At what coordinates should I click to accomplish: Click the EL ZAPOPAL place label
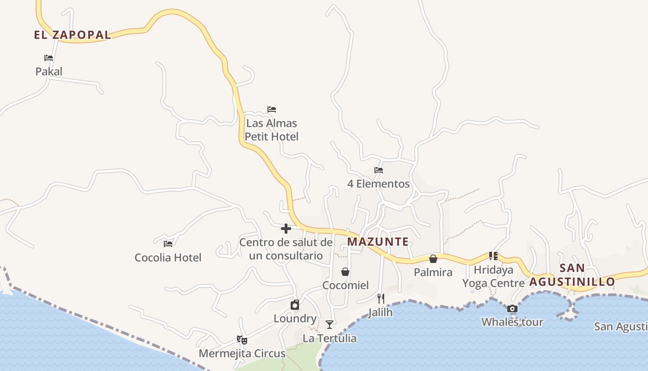pos(72,35)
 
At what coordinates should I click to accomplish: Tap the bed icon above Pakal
pos(49,58)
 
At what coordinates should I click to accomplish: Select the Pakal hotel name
pos(49,71)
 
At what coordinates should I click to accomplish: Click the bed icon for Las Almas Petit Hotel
pos(272,109)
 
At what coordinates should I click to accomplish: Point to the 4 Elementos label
pos(379,184)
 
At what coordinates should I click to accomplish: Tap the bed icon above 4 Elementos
pos(379,170)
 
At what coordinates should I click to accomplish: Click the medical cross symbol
pos(286,228)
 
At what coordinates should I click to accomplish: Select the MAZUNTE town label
pos(378,242)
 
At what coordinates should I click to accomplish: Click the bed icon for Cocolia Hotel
pos(168,243)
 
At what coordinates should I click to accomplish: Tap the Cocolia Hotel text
pos(168,257)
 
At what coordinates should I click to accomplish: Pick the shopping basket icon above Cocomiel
pos(345,272)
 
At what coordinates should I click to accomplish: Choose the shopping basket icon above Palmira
pos(433,259)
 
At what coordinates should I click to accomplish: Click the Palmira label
pos(433,272)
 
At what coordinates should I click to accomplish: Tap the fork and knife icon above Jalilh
pos(380,299)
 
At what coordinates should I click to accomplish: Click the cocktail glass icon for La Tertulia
pos(330,324)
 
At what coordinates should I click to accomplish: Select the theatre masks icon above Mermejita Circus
pos(242,340)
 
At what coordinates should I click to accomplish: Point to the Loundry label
pos(295,319)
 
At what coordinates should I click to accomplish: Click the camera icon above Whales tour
pos(512,308)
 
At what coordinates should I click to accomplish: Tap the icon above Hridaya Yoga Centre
pos(493,256)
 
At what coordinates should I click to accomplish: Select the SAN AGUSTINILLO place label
pos(573,275)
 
